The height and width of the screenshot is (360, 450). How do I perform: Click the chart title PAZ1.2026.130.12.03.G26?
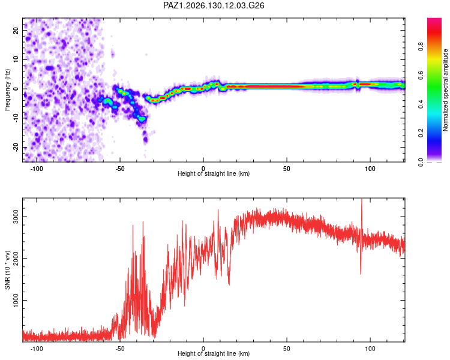tap(214, 5)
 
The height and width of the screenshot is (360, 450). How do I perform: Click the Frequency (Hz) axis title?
tap(7, 90)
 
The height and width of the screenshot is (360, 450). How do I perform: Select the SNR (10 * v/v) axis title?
tap(7, 270)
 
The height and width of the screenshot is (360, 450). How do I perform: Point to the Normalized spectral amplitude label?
tap(445, 90)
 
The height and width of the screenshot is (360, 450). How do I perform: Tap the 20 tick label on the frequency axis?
tap(16, 30)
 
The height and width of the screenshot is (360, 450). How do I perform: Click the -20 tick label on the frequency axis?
tap(16, 148)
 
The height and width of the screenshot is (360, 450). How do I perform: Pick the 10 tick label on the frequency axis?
tap(16, 59)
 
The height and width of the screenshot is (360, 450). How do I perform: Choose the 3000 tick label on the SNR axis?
tap(16, 217)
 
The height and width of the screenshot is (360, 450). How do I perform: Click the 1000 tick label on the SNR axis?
tap(16, 300)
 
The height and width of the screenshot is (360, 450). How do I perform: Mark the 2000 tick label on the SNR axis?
tap(16, 259)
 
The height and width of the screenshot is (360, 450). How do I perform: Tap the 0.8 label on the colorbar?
tap(421, 47)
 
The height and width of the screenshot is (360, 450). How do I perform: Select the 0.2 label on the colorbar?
tap(421, 133)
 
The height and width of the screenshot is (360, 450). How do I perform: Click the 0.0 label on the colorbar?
tap(421, 162)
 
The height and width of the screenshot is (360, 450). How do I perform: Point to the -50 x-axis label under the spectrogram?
tap(120, 169)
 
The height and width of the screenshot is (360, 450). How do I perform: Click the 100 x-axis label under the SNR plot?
tap(370, 349)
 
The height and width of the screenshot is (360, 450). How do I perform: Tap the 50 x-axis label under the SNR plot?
tap(287, 349)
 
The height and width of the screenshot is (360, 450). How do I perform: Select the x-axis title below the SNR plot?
tap(214, 353)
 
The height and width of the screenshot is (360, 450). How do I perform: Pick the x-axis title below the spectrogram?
tap(214, 173)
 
